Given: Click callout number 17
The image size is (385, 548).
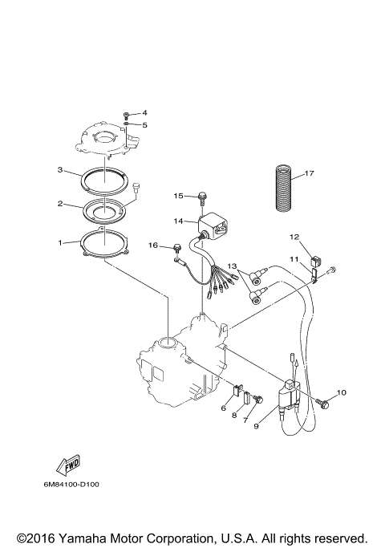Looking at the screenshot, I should [x=310, y=173].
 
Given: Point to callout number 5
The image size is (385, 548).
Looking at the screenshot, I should [x=145, y=124].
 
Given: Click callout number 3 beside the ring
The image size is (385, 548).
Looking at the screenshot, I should [x=60, y=170].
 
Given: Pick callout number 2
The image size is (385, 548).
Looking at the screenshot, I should [x=60, y=204].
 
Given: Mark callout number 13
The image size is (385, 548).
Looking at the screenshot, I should [x=231, y=266].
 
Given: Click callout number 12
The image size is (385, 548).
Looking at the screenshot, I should [x=294, y=237].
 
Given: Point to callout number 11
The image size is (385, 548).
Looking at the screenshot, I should [x=294, y=259].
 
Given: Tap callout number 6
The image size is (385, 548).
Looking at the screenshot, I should [x=224, y=408].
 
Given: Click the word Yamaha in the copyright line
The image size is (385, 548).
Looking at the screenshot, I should [x=83, y=538].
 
